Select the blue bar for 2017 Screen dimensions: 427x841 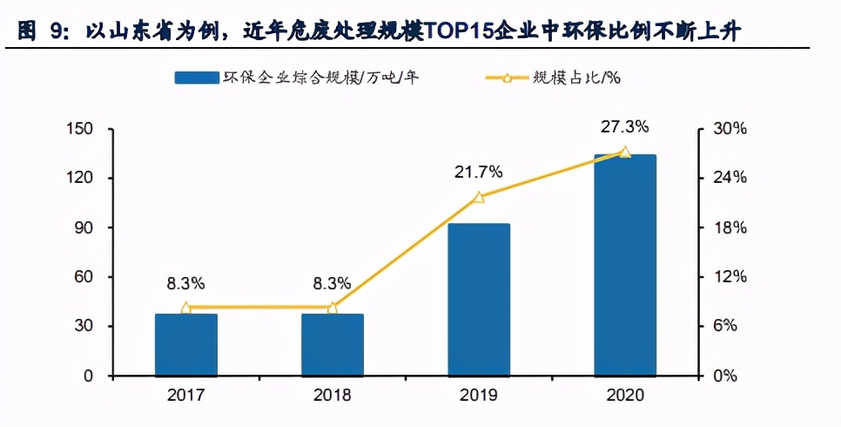(x=186, y=345)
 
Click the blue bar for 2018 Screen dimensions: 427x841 (x=333, y=345)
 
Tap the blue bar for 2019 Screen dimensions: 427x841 (x=479, y=300)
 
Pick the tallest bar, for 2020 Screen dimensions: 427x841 (x=625, y=266)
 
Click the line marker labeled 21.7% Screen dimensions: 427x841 (x=479, y=197)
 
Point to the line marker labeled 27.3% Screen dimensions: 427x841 (x=625, y=152)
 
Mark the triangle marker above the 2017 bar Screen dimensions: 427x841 (x=186, y=308)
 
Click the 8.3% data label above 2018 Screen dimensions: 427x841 (x=333, y=283)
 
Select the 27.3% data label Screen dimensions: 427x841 (x=624, y=127)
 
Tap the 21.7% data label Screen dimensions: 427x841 (x=478, y=173)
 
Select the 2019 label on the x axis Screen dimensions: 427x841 (x=479, y=396)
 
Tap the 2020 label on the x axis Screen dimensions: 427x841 (x=625, y=396)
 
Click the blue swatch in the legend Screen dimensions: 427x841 (x=196, y=78)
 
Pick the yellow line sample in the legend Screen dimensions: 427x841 (x=506, y=78)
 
